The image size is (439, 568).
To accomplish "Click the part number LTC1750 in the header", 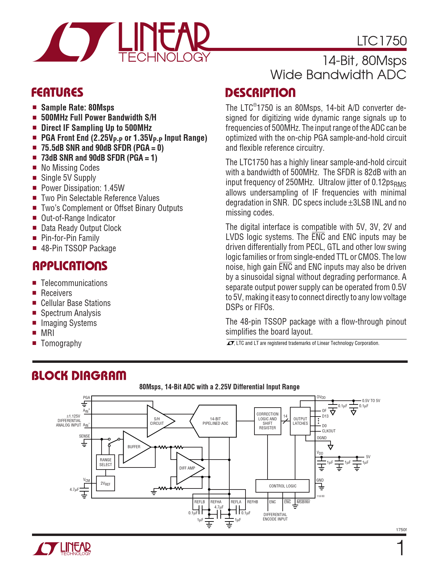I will [x=381, y=41].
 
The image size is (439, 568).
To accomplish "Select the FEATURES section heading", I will [x=57, y=92].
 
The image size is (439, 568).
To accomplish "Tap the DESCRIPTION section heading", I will [x=260, y=93].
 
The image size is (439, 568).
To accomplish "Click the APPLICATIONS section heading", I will [x=70, y=266].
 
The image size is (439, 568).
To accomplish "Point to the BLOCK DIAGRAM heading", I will [x=79, y=375].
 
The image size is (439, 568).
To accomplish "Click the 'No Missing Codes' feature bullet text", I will [x=70, y=168].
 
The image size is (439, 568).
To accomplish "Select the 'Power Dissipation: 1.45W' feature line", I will [x=83, y=188].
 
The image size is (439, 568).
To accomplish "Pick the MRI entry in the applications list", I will [x=48, y=333].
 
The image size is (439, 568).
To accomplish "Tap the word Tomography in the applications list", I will [x=61, y=343].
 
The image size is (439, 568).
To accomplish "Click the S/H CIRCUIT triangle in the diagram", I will [x=158, y=421].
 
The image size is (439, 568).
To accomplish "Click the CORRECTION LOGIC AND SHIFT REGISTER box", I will [x=268, y=421].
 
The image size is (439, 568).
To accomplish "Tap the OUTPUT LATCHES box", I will [x=300, y=421].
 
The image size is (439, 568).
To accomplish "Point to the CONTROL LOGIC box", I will [x=282, y=486].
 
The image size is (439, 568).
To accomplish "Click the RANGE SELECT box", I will [x=106, y=462].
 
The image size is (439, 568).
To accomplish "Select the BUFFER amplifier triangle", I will [x=135, y=447].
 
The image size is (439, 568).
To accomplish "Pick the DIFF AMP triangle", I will [x=188, y=468].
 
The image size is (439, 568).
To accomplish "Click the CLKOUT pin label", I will [x=328, y=431].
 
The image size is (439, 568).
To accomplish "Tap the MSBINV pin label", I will [x=303, y=502].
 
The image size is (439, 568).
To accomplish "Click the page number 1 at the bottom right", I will [x=400, y=548].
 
